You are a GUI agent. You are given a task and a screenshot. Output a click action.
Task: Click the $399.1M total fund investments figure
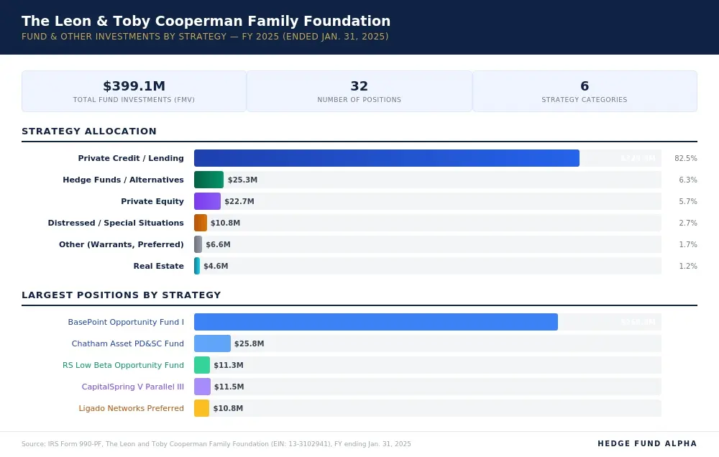tap(134, 86)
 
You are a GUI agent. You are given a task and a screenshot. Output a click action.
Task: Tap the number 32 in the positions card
tap(359, 86)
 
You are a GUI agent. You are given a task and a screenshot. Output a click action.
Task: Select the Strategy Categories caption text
tap(584, 100)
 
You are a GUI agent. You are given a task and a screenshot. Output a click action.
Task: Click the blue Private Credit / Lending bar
tap(386, 158)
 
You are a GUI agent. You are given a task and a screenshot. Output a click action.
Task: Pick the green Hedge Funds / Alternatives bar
tap(209, 180)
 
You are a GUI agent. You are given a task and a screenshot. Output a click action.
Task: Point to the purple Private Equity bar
tap(207, 201)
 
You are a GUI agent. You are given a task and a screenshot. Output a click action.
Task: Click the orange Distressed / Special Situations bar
tap(201, 223)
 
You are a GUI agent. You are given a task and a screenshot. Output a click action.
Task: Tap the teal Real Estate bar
tap(197, 266)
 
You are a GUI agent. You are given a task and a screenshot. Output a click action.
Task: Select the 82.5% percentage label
tap(685, 158)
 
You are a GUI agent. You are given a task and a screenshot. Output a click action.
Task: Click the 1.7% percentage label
tap(687, 244)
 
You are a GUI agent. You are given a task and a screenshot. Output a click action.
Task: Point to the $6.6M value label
tap(218, 244)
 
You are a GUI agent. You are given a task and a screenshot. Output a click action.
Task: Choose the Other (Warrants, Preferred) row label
tap(121, 244)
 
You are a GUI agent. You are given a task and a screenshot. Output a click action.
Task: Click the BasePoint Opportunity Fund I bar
tap(375, 322)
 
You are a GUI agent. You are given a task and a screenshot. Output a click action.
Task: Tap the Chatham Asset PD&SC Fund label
tap(127, 343)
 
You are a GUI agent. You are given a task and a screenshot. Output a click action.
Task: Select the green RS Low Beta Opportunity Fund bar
tap(202, 365)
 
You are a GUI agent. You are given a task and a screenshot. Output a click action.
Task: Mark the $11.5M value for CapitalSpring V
tap(229, 387)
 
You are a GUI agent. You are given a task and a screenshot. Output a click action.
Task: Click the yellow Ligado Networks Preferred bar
tap(201, 408)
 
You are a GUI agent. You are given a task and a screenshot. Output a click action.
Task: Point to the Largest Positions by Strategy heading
tap(121, 295)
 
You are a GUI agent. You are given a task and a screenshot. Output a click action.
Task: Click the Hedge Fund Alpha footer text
tap(647, 444)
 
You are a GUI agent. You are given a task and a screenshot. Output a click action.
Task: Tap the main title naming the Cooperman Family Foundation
tap(206, 22)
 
